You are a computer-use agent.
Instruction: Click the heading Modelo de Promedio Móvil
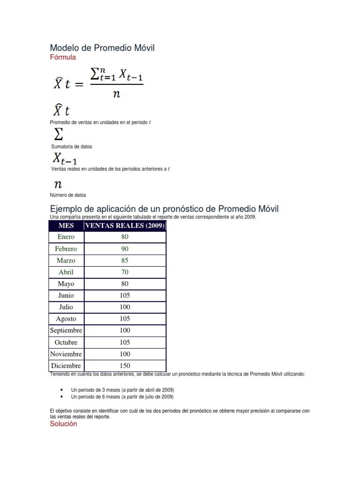(102, 48)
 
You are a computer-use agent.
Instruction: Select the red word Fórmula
(63, 57)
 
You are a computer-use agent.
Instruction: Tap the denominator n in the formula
(116, 94)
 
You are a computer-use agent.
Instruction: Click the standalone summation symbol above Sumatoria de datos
(59, 135)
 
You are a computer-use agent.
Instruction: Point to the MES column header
(66, 225)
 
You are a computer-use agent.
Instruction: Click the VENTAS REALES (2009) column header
(125, 225)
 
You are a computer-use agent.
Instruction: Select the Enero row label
(66, 237)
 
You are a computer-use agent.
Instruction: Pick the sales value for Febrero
(125, 248)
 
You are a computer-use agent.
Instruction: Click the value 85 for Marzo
(125, 260)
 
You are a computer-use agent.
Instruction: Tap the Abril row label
(66, 272)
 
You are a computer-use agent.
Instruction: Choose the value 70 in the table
(125, 272)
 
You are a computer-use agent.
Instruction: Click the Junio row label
(66, 295)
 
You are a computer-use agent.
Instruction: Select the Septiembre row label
(66, 330)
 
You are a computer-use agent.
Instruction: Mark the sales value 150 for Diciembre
(125, 366)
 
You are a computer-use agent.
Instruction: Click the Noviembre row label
(66, 354)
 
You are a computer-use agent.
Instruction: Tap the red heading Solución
(63, 424)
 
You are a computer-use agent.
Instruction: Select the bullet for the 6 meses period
(62, 397)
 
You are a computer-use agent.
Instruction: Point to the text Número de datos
(68, 195)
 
